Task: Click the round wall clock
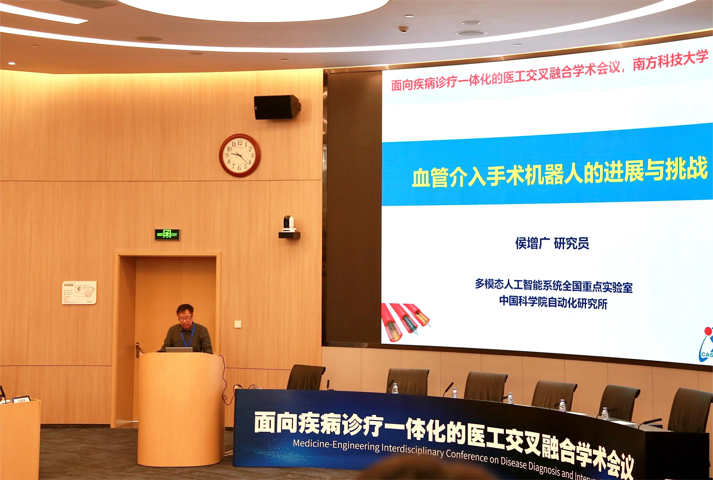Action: (240, 155)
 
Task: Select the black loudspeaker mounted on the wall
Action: (276, 107)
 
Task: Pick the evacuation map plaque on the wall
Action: (79, 293)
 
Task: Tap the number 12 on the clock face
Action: (240, 143)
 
